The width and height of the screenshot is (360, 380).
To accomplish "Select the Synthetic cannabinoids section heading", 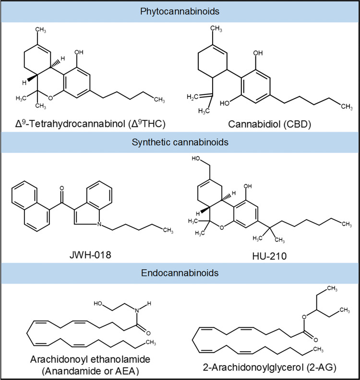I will tap(180, 142).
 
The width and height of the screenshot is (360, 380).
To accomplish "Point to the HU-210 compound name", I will tap(272, 256).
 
